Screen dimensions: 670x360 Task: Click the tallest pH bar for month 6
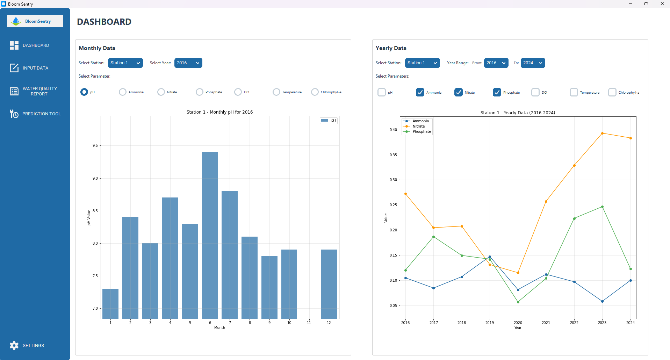pos(210,235)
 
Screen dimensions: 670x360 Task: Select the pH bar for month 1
pos(110,304)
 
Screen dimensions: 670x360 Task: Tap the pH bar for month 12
pos(329,284)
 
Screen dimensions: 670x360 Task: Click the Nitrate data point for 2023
pos(602,133)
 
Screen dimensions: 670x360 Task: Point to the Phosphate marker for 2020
pos(518,302)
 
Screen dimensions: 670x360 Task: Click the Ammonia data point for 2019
pos(490,257)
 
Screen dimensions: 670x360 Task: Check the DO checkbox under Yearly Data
pos(535,92)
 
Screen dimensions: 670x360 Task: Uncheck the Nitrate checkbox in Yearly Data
pos(459,92)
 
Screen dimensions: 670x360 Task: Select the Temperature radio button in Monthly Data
pos(276,92)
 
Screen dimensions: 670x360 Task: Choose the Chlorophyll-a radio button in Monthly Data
pos(315,92)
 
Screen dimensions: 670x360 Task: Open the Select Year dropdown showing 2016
pos(188,63)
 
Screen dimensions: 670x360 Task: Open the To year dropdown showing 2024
pos(533,63)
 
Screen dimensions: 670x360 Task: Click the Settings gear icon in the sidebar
pos(14,345)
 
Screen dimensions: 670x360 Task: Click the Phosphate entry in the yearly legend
pos(422,132)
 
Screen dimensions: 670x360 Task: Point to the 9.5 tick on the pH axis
pos(95,145)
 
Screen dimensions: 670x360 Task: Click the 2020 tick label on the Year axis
pos(518,323)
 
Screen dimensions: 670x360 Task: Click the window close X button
pos(662,4)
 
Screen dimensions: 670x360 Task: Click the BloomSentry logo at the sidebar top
pos(35,21)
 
